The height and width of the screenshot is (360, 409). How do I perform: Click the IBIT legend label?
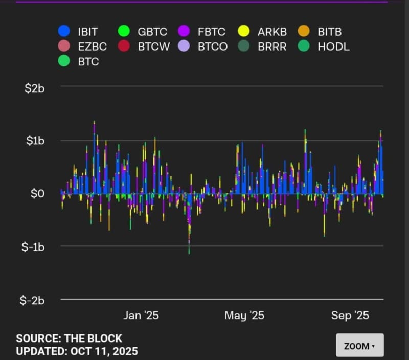88,32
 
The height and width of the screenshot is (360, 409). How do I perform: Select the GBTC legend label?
152,32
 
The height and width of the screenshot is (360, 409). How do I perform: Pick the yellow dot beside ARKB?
244,31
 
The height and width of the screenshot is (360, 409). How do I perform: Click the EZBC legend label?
92,47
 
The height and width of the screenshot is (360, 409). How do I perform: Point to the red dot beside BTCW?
124,47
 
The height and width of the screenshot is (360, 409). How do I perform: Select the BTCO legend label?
212,47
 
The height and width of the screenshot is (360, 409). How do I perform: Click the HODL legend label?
333,47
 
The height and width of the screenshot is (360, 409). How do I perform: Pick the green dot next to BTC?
64,62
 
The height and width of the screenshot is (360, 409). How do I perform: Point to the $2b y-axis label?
35,88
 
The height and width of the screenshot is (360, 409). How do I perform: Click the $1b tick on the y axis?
35,141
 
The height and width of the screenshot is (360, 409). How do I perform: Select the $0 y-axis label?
38,193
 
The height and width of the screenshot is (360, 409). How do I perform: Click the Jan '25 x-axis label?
141,316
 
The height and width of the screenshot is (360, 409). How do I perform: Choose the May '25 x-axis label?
244,316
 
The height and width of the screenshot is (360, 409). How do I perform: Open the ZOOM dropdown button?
359,346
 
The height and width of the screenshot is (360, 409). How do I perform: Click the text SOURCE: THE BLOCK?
69,339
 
